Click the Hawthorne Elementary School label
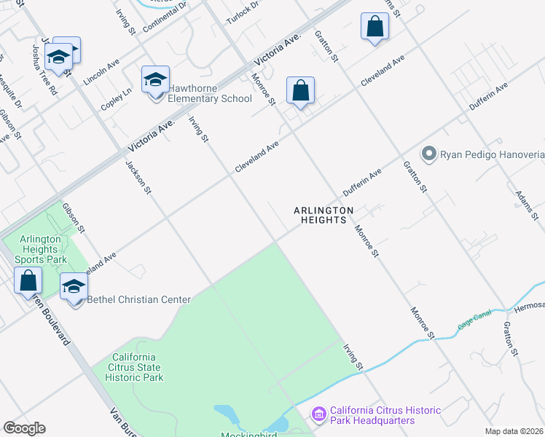pyautogui.click(x=210, y=98)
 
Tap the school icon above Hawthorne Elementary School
pyautogui.click(x=155, y=79)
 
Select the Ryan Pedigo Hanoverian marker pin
pyautogui.click(x=428, y=154)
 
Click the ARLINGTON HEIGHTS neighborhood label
pyautogui.click(x=324, y=215)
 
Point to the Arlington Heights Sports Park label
pyautogui.click(x=44, y=249)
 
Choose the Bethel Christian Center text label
pyautogui.click(x=138, y=299)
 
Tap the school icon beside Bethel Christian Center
pyautogui.click(x=74, y=287)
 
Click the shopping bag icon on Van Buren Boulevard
pyautogui.click(x=28, y=280)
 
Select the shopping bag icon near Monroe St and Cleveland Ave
pyautogui.click(x=300, y=91)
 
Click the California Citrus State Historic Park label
pyautogui.click(x=134, y=367)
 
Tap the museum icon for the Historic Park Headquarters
pyautogui.click(x=318, y=414)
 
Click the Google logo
pyautogui.click(x=24, y=428)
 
